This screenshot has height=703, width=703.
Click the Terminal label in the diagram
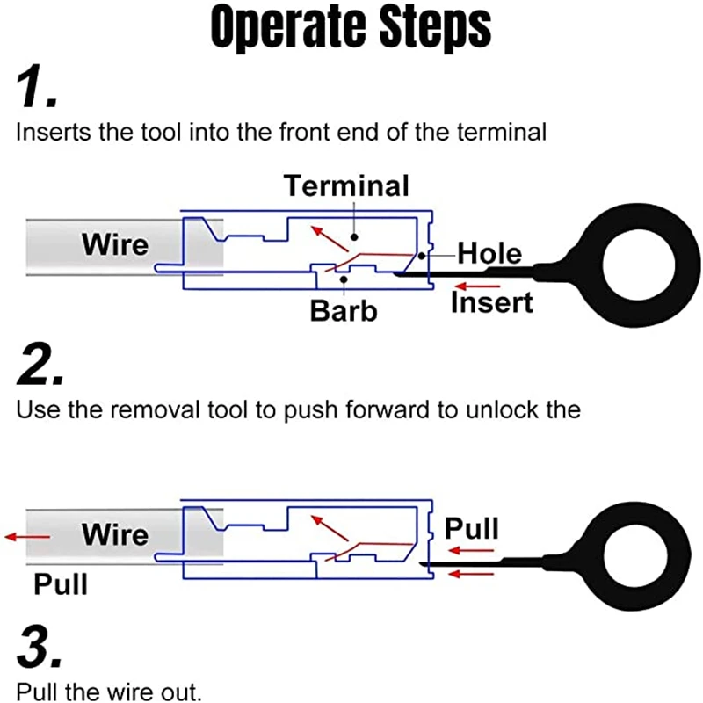coord(346,185)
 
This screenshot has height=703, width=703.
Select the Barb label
coord(343,310)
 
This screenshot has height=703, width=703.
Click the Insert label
coord(491,301)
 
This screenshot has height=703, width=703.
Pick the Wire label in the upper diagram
coord(115,244)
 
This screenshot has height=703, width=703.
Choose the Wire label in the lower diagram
coord(115,534)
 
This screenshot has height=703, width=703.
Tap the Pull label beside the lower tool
coord(472,529)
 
